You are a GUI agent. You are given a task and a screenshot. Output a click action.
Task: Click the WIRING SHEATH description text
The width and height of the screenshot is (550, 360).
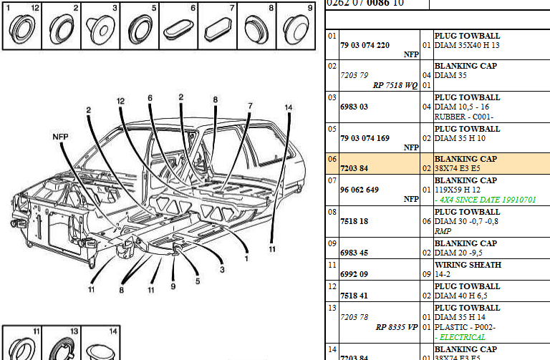pos(468,265)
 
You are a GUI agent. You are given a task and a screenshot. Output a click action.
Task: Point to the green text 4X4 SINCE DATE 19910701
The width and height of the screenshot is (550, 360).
pos(485,199)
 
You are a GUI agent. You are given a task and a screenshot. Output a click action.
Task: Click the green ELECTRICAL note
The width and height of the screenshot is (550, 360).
pos(462,337)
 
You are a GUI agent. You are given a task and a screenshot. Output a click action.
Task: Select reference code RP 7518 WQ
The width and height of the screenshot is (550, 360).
pos(395,84)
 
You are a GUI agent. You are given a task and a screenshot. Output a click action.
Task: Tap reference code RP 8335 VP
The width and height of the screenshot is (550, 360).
pos(395,327)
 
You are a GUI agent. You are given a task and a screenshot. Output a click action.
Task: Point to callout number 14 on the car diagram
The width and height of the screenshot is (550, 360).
pos(288,107)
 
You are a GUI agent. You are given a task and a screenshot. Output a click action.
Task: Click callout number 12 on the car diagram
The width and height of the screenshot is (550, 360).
pos(121,102)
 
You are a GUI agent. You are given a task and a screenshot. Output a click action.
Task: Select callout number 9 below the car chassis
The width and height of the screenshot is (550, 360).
pos(173,286)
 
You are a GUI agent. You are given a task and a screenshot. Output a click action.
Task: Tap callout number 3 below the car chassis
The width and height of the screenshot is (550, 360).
pos(222,270)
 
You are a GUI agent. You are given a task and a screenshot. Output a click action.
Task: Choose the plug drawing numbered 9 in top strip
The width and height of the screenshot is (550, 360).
pos(294,30)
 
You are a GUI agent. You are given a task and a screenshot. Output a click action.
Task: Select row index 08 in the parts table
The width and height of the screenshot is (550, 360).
pos(332,212)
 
